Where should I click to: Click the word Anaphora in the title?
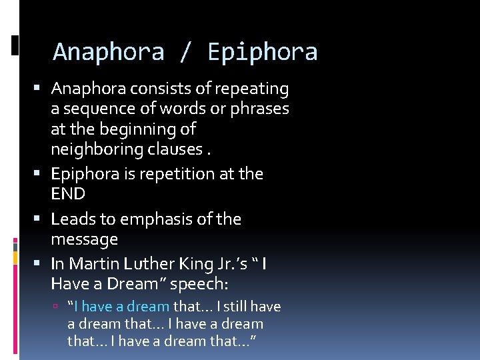109,51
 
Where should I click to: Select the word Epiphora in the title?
263,51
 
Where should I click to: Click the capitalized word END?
68,194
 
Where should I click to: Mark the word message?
84,239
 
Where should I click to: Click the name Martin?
91,264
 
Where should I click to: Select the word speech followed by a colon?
199,284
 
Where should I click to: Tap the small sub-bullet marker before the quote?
59,307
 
